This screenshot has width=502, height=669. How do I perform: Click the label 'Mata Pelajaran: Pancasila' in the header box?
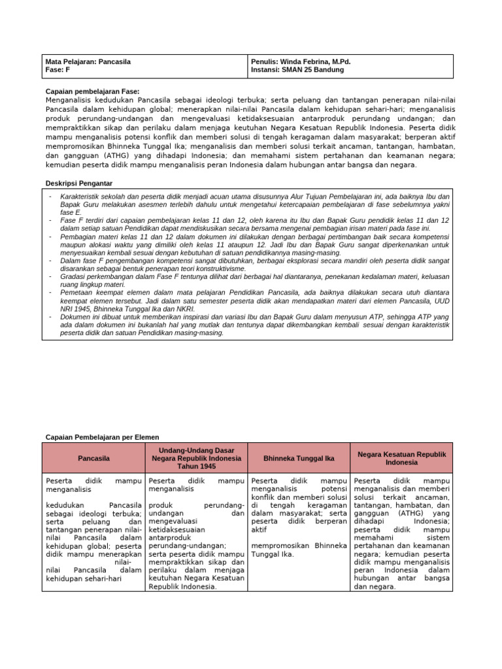click(88, 62)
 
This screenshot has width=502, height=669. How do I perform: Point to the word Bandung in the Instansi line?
click(329, 70)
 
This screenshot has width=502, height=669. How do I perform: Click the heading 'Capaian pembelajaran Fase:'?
click(92, 91)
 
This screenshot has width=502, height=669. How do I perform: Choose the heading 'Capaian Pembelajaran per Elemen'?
click(102, 437)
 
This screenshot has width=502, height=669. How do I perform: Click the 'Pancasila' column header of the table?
click(93, 459)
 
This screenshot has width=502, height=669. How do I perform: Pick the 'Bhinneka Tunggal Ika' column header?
click(298, 459)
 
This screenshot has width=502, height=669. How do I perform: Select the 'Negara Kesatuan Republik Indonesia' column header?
click(401, 458)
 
